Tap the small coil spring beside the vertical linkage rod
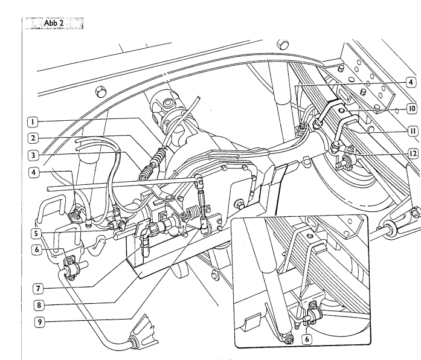coord(192,212)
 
